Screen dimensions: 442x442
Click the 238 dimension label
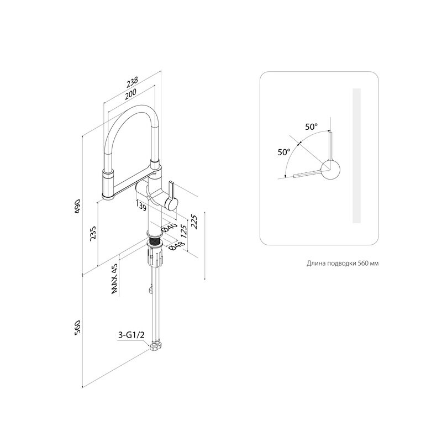132,81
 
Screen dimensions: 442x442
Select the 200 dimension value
131,93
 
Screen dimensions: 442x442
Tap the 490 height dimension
77,206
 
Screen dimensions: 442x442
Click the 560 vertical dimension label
77,328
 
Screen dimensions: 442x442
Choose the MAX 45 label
114,279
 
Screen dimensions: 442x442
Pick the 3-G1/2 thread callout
131,335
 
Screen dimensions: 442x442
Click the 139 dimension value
141,205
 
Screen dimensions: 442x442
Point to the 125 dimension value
183,231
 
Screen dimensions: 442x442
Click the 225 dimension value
194,222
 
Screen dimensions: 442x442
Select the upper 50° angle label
311,127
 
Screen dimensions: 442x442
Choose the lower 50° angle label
284,152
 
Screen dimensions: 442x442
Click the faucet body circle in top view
330,170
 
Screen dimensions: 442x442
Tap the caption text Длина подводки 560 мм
343,264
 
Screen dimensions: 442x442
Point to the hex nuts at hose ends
156,346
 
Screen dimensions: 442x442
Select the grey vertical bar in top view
356,156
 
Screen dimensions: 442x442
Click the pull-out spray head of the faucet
109,185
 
